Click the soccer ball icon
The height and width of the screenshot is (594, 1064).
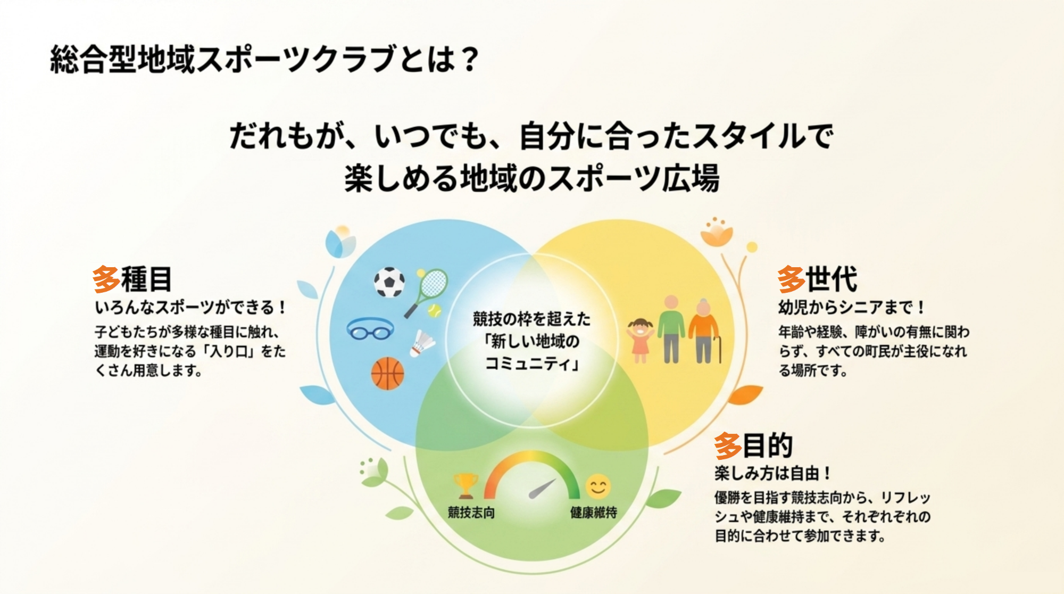[389, 282]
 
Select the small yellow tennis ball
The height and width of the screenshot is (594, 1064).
[435, 310]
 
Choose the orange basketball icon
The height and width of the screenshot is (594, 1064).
[387, 373]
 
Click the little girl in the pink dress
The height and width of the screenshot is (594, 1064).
[640, 340]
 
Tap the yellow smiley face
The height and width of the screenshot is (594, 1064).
[598, 486]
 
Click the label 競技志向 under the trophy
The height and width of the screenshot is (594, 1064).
[471, 513]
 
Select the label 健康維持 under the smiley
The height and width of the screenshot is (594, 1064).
[594, 513]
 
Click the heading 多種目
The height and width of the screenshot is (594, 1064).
[132, 279]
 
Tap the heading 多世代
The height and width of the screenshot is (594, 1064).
[817, 279]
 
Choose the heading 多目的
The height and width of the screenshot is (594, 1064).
[753, 445]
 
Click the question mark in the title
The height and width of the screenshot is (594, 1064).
[469, 59]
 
